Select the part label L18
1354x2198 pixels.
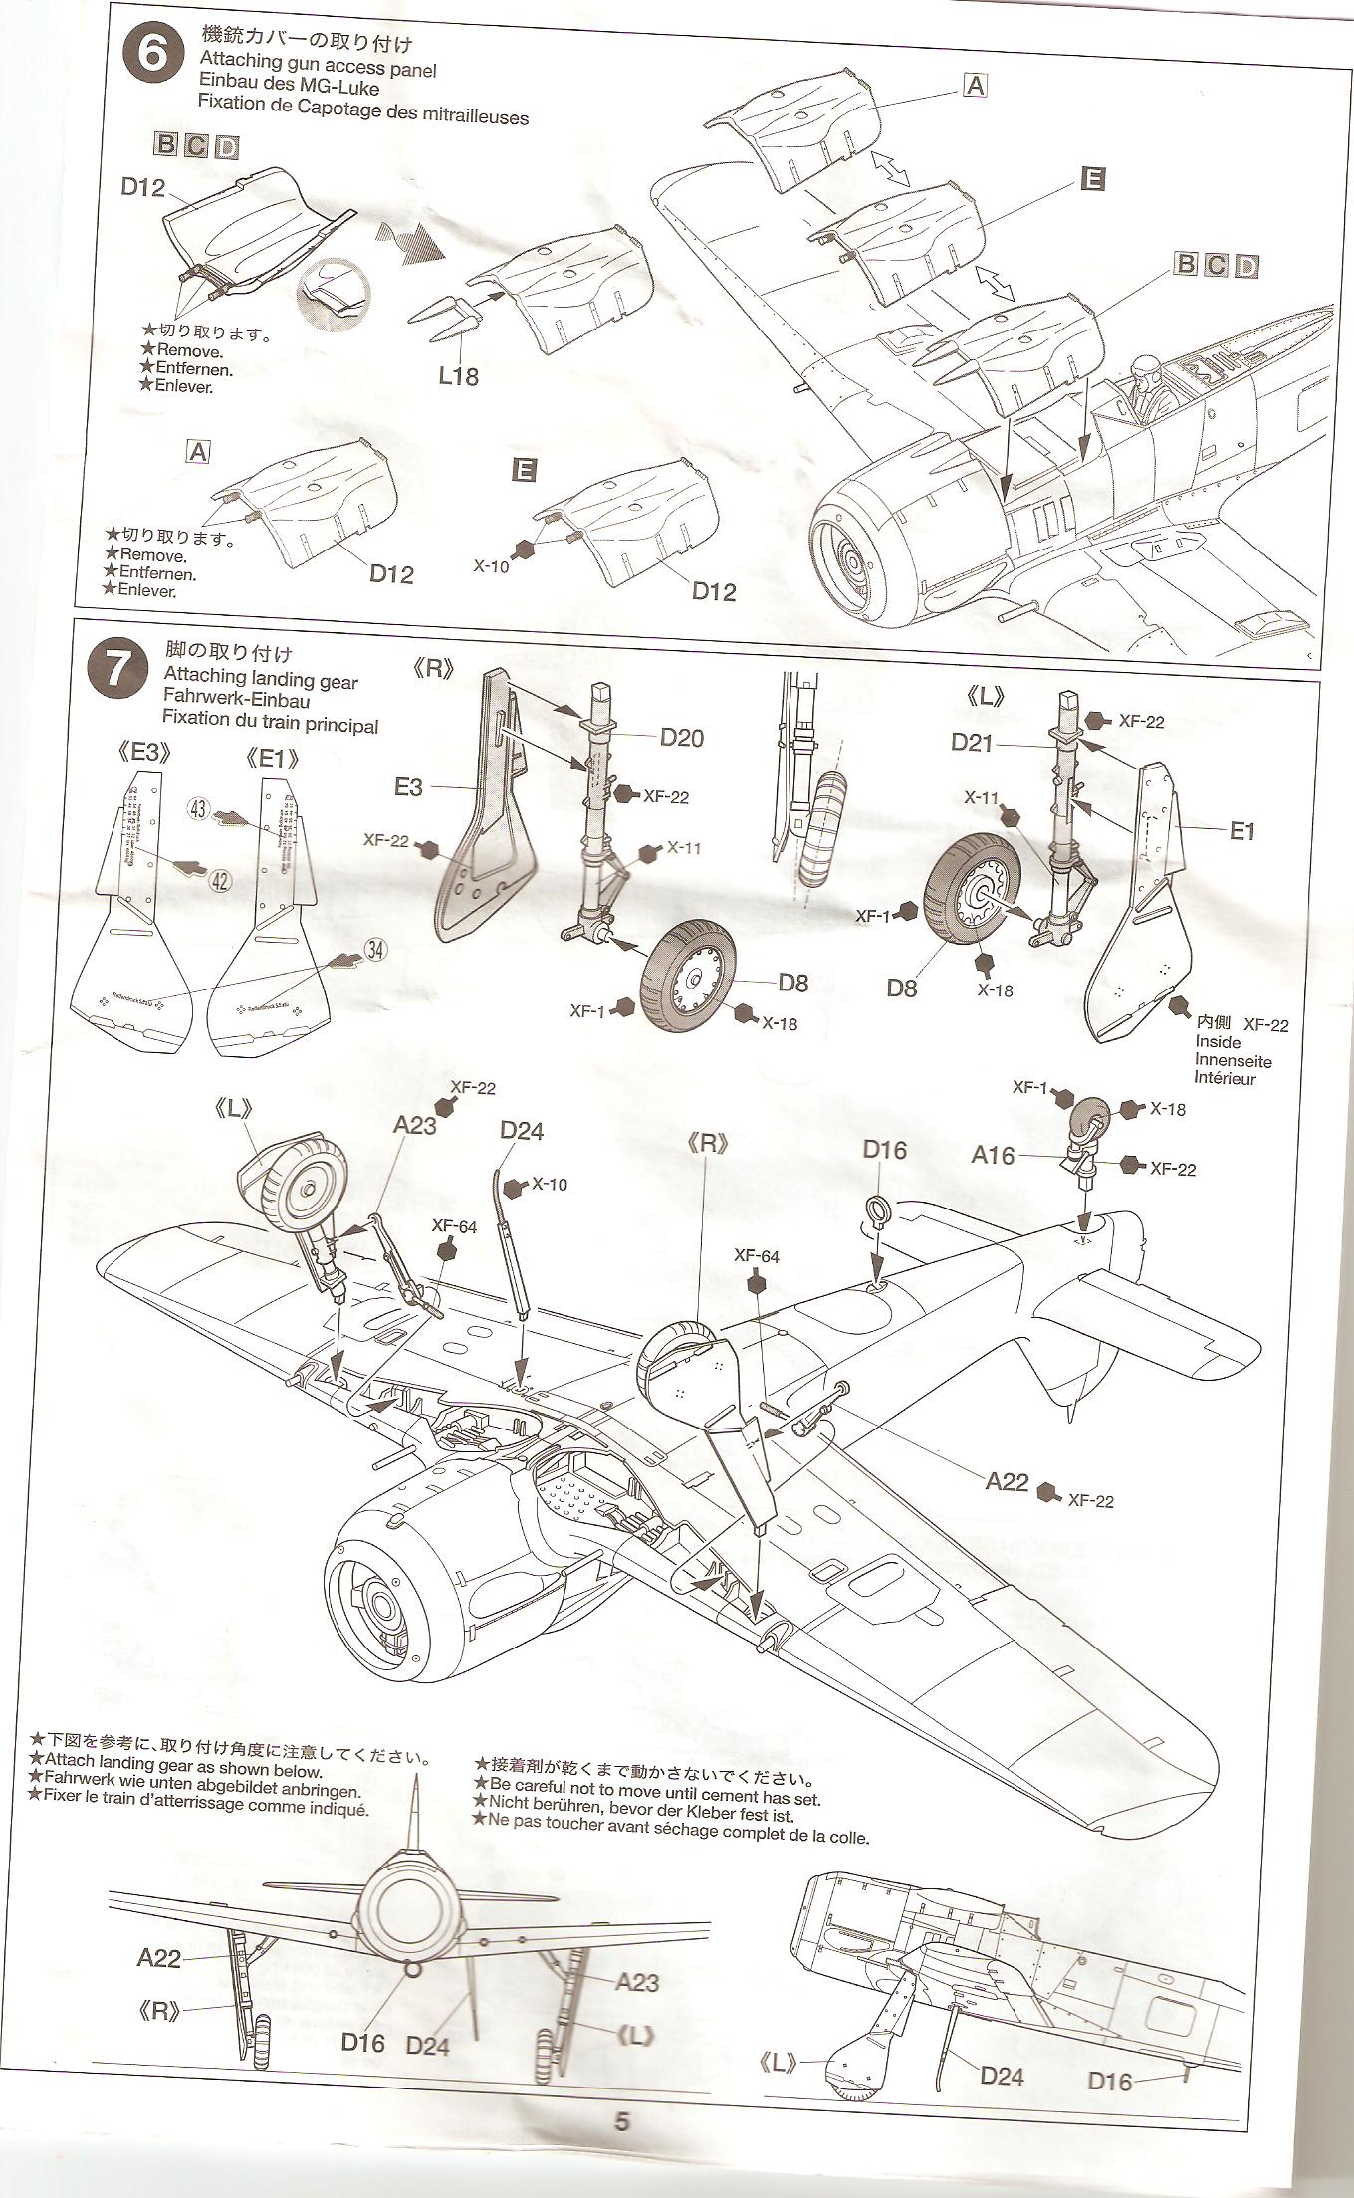click(457, 376)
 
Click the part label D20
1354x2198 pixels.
click(681, 737)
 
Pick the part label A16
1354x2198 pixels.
click(993, 1155)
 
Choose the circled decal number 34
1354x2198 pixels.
click(375, 950)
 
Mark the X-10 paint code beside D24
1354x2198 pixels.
click(549, 1185)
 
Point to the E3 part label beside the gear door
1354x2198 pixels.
click(409, 787)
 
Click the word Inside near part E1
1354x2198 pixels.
click(1218, 1042)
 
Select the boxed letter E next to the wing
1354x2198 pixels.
click(1092, 179)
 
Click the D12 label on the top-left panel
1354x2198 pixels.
click(143, 187)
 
